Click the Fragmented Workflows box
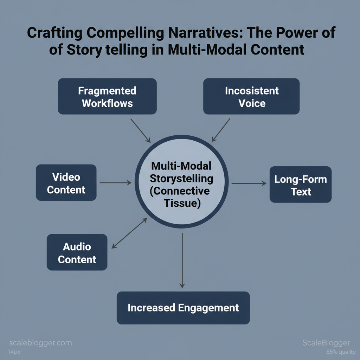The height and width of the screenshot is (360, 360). (x=107, y=96)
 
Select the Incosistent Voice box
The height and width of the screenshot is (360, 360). (x=251, y=96)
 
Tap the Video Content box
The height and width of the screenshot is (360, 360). (x=66, y=183)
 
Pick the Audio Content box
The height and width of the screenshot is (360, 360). (x=77, y=252)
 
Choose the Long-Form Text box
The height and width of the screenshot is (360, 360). (x=301, y=185)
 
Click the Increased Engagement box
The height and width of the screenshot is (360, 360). (x=183, y=308)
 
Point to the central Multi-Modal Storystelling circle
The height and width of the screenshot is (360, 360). (x=182, y=182)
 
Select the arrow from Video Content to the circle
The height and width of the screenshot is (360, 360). (x=115, y=183)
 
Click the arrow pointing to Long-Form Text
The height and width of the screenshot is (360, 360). (x=249, y=183)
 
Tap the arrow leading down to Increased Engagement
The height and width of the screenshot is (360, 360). (x=182, y=260)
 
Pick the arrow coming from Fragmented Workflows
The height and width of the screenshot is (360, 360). (x=140, y=130)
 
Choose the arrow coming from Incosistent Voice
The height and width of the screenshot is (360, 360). (x=221, y=130)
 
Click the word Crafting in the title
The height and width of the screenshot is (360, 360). (x=54, y=33)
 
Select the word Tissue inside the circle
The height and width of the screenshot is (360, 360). (x=181, y=203)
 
